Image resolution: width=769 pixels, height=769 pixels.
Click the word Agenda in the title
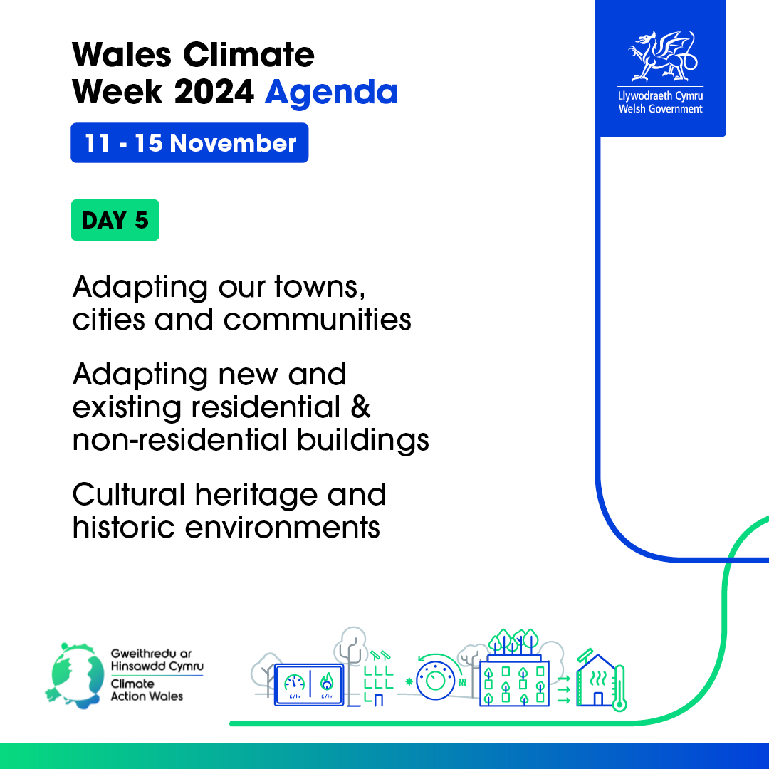pos(331,93)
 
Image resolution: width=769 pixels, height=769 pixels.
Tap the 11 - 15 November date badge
pos(189,142)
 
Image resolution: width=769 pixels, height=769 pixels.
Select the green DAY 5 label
pos(115,220)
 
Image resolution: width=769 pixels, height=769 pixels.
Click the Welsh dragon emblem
pos(662,56)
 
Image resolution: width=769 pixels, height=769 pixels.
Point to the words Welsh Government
pos(660,109)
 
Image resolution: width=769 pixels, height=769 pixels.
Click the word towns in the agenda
pos(320,286)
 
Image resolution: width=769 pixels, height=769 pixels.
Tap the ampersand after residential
pos(360,407)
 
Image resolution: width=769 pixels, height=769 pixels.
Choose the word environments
pos(282,528)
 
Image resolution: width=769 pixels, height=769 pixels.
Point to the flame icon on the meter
pos(327,681)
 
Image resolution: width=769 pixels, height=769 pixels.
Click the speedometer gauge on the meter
pos(294,682)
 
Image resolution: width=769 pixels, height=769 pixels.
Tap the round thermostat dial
pos(436,680)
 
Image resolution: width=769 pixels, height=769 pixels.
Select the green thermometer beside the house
pos(620,688)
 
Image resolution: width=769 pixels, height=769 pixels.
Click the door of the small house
pos(598,699)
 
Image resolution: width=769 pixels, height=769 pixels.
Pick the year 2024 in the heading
pos(214,92)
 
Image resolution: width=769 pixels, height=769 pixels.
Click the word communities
pos(318,320)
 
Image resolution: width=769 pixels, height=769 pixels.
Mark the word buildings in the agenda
pos(363,441)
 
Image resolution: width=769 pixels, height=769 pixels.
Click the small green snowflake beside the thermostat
pos(409,681)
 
